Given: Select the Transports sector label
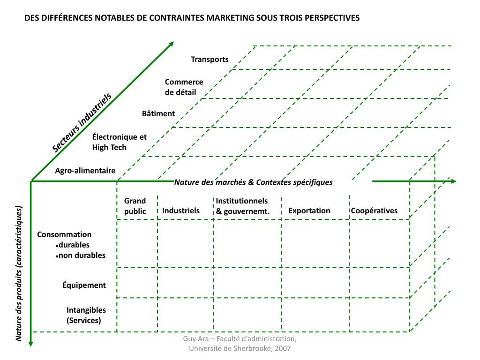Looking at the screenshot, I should pos(210,59).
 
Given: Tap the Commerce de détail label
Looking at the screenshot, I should pos(184,87).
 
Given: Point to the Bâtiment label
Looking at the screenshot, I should pos(158,113).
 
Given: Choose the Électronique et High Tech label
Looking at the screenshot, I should pos(119,142).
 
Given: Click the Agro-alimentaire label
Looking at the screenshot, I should pos(85,171).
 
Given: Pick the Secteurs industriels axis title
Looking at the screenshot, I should pos(82,123).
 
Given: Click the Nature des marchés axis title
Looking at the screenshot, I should pos(253,182).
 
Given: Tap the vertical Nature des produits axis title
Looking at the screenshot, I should pos(19,273).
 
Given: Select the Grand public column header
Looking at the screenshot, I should pos(135,206).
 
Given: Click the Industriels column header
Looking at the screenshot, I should pos(181,210).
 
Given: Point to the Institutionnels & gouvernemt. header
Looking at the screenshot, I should pos(242,206).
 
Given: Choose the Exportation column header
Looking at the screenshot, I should pos(309,210).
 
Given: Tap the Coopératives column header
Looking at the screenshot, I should pos(374,210).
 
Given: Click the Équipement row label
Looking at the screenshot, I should pos(84,285).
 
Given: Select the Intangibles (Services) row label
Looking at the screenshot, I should pos(86,315).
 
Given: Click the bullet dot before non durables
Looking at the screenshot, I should pos(57,256).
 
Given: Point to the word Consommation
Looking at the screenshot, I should pos(64,234).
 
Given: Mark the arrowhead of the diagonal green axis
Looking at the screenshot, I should pos(172,44).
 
